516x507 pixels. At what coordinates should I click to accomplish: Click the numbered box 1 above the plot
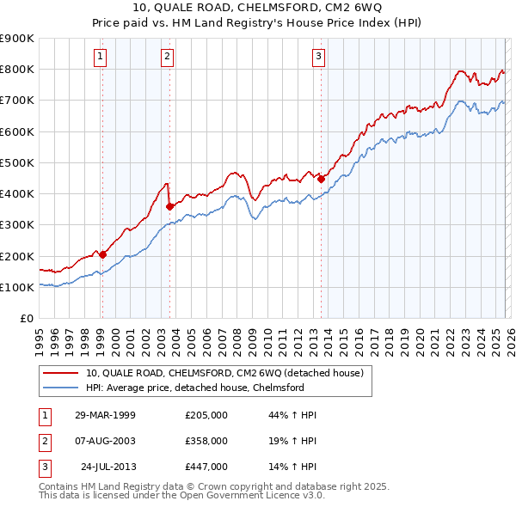tap(101, 58)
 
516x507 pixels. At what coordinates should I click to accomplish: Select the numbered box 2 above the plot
tap(167, 58)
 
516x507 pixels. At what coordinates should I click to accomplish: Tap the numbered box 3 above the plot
tap(319, 58)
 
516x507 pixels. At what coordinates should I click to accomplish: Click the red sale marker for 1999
tap(102, 254)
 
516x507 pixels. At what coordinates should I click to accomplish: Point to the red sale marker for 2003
tap(169, 206)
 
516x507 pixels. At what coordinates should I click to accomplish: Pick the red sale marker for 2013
tap(321, 179)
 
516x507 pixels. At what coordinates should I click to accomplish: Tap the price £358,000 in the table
tap(206, 441)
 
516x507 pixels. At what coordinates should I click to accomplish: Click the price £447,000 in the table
tap(206, 467)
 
